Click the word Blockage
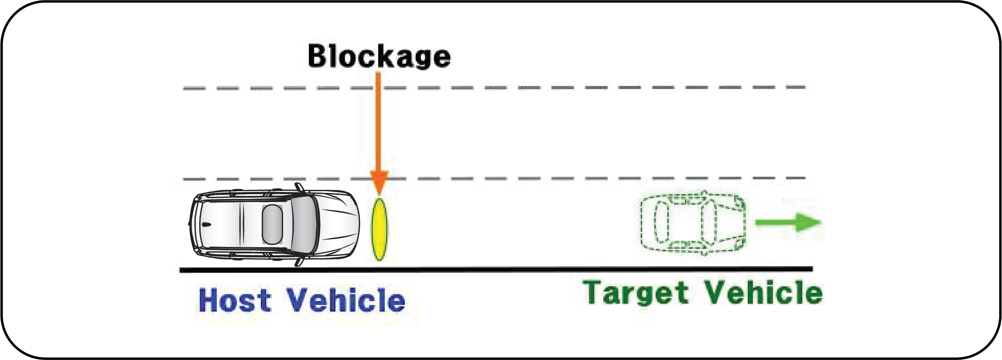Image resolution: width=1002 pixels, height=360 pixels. [x=379, y=57]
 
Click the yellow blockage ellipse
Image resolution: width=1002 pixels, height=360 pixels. [x=379, y=230]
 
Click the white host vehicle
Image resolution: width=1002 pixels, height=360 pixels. [x=275, y=227]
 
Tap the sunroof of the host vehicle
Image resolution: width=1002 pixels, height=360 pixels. [x=272, y=224]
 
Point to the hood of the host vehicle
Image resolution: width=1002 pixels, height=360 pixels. [x=340, y=224]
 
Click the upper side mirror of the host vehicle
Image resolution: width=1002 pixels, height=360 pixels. [x=300, y=188]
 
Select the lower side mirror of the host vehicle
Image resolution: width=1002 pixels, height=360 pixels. [x=300, y=262]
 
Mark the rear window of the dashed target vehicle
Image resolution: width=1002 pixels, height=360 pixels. [x=662, y=223]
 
